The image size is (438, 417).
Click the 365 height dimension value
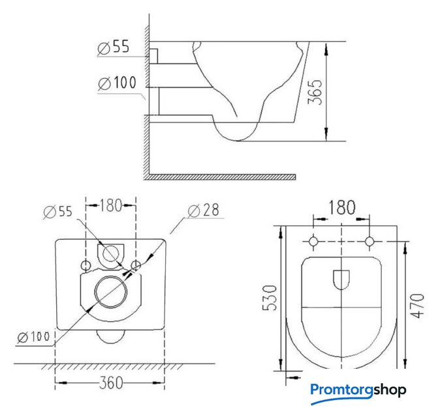click(x=315, y=92)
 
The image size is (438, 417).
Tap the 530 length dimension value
click(x=270, y=298)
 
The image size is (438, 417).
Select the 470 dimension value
click(x=416, y=306)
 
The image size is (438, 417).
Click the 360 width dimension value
click(x=111, y=382)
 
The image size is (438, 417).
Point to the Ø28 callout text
click(x=203, y=210)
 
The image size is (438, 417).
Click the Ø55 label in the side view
click(x=114, y=47)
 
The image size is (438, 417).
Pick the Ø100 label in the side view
click(x=117, y=83)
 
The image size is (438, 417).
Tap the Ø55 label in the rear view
click(x=58, y=212)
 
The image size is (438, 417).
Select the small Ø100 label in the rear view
click(x=33, y=337)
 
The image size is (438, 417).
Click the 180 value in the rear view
click(x=111, y=205)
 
